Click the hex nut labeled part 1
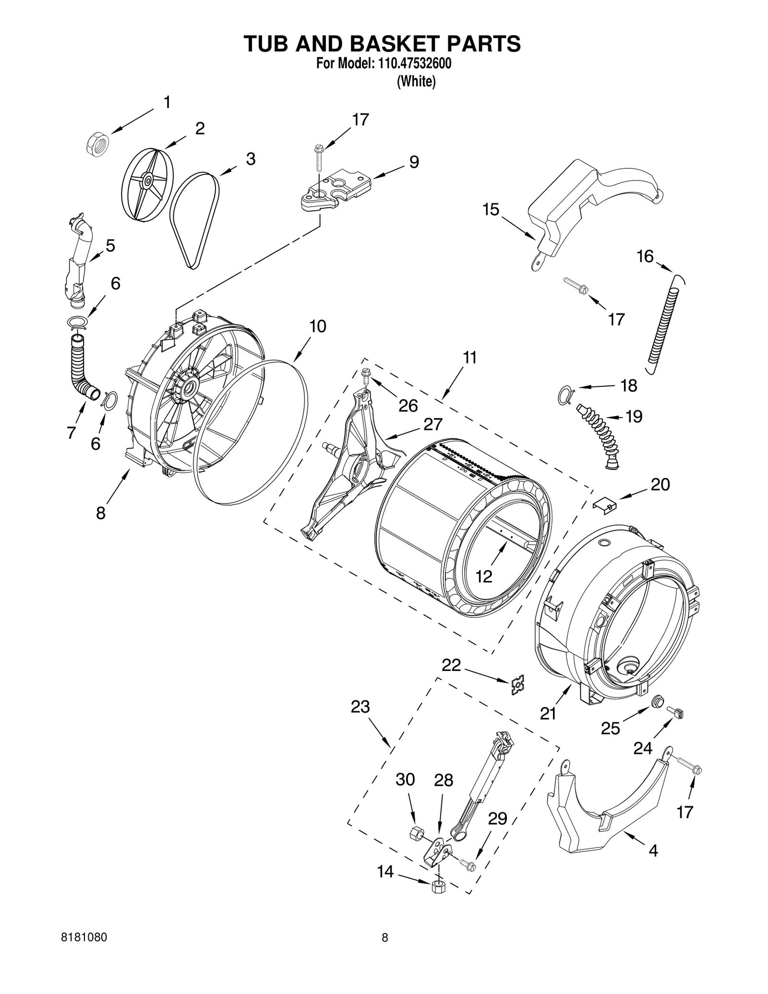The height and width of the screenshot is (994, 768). pos(98,143)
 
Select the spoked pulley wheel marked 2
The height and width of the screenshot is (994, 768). pos(147,181)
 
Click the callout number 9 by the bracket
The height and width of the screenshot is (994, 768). pos(414,162)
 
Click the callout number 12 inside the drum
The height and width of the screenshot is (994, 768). pos(484,576)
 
